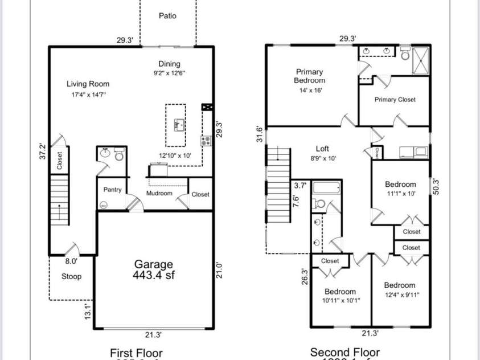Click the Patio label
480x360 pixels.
[x=167, y=16]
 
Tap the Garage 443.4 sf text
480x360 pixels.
[x=153, y=268]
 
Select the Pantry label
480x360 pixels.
[x=112, y=190]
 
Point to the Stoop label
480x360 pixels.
[x=71, y=277]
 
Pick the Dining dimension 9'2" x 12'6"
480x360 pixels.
[x=169, y=73]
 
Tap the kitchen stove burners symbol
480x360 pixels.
[x=206, y=140]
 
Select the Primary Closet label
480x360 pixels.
[x=395, y=100]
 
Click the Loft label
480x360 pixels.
[x=322, y=149]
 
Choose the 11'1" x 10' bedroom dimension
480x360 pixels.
[x=400, y=194]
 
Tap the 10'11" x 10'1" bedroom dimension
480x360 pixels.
[x=340, y=301]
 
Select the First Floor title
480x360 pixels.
[x=136, y=353]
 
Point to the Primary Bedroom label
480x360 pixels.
[x=309, y=76]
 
